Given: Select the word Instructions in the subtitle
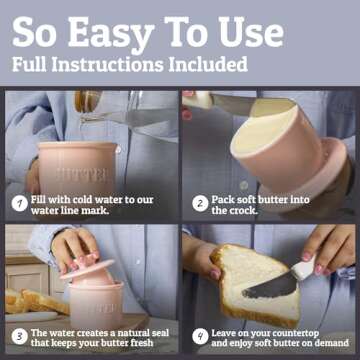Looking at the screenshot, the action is point(108,64).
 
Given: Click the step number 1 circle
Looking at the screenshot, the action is point(20,204).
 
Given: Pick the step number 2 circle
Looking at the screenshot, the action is point(200,204).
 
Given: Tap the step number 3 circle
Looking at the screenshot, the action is point(20,337).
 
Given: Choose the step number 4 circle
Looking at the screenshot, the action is point(200,337).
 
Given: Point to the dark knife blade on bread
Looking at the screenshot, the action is point(269,288).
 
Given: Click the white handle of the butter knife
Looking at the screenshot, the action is point(303,269).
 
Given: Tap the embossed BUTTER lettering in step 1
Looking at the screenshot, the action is point(82,175).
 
